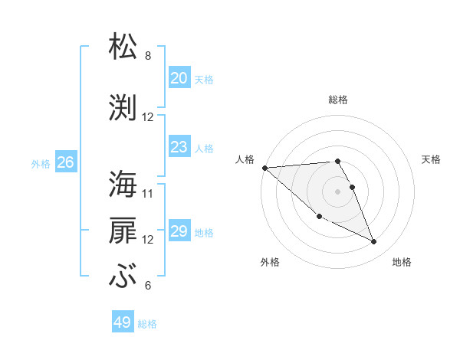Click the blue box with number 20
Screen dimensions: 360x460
click(x=179, y=78)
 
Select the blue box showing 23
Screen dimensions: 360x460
click(x=179, y=147)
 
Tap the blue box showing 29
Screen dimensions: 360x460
click(x=179, y=231)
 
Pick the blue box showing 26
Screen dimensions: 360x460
click(x=65, y=162)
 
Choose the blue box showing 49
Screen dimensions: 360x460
click(x=123, y=322)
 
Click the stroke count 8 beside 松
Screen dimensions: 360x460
click(x=148, y=56)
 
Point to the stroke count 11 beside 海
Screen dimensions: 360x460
click(x=148, y=193)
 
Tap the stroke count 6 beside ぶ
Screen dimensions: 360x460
click(x=148, y=286)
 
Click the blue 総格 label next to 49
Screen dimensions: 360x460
click(x=147, y=324)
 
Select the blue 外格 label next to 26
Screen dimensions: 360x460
click(x=41, y=163)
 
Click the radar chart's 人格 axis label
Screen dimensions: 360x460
click(x=245, y=159)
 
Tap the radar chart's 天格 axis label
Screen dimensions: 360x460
click(x=432, y=159)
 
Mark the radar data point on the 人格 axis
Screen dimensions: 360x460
click(x=264, y=168)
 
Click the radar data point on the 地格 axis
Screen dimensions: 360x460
click(x=374, y=242)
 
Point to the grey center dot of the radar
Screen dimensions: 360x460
click(x=337, y=191)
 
